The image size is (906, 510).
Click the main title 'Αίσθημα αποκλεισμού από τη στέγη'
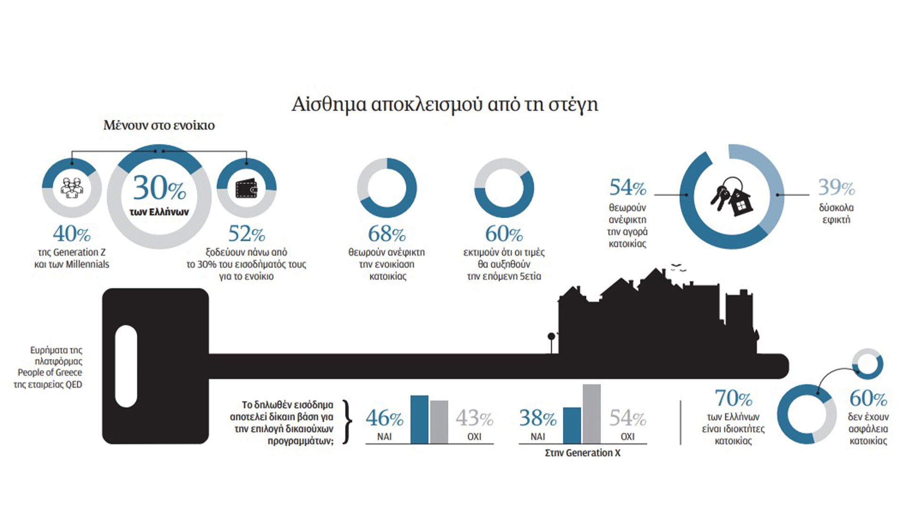point(445,104)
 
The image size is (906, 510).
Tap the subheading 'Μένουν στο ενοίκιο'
point(159,125)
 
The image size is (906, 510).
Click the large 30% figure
point(159,188)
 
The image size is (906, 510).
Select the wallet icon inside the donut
point(246,188)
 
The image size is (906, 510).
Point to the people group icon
point(72,188)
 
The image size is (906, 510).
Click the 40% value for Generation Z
point(72,233)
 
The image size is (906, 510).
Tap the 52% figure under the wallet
point(246,233)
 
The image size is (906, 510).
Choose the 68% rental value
point(387,233)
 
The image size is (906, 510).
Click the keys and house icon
point(731,197)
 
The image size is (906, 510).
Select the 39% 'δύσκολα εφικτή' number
point(836,187)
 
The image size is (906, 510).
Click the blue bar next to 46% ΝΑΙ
point(419,420)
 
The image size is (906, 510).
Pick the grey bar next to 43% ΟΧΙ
point(439,422)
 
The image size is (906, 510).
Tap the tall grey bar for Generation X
point(592,414)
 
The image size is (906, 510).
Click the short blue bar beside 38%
point(572,425)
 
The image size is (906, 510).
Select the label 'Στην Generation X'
point(582,453)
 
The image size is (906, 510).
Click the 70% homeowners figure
point(733,398)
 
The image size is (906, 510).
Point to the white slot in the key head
point(126,366)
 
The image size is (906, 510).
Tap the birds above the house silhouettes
point(678,267)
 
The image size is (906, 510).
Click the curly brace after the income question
point(347,422)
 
